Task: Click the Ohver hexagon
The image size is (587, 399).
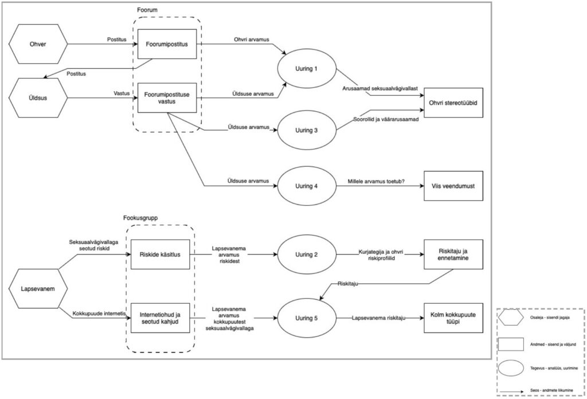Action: [x=38, y=44]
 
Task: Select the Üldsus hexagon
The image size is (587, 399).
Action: [x=38, y=97]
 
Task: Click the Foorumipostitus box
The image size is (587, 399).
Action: [x=167, y=44]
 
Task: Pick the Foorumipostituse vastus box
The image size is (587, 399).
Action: [x=167, y=98]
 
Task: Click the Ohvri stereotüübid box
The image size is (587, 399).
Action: [x=453, y=103]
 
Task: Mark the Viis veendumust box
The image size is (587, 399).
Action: [x=453, y=186]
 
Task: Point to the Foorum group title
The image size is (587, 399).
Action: [x=148, y=10]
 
